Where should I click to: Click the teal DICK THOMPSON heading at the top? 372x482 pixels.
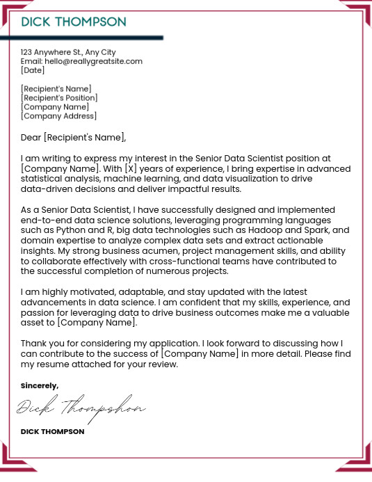click(x=74, y=22)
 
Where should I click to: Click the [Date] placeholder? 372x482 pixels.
click(x=33, y=70)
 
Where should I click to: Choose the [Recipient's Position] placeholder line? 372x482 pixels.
click(x=59, y=98)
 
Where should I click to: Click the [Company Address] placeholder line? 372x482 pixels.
click(x=58, y=116)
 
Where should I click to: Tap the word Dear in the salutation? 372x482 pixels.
click(x=31, y=137)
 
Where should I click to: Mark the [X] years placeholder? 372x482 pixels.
click(x=131, y=169)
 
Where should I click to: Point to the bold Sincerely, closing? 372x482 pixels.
click(x=40, y=385)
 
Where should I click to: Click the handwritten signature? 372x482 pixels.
click(x=81, y=408)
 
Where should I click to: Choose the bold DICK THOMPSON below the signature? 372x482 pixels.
click(x=52, y=432)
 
